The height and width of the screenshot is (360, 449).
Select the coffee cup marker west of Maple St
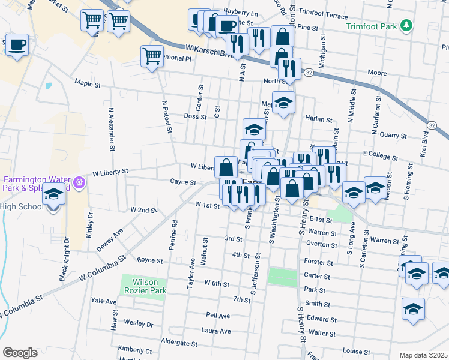(17, 45)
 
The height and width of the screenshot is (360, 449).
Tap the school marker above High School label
(53, 195)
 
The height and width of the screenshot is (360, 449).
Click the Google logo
(20, 353)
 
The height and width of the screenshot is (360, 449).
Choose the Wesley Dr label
(138, 323)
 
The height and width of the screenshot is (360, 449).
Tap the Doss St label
(195, 116)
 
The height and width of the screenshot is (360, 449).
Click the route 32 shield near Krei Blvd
(432, 124)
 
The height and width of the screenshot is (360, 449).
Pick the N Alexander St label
(112, 129)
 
